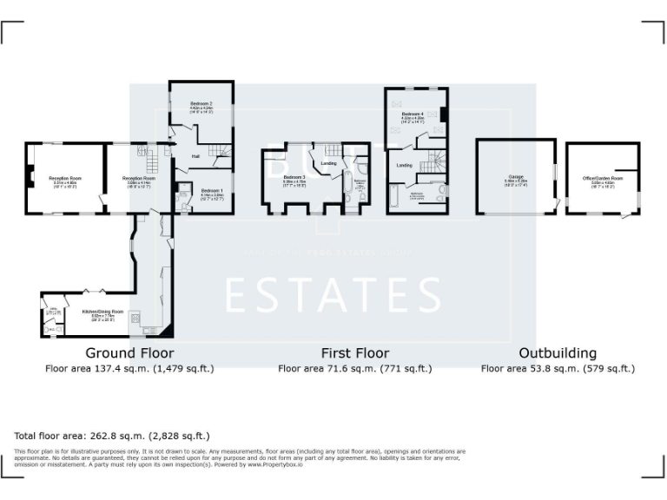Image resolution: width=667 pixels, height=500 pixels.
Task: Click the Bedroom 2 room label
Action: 201,104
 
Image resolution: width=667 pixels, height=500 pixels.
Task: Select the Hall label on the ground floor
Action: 196,156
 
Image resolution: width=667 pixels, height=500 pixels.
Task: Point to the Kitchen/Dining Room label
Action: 102,311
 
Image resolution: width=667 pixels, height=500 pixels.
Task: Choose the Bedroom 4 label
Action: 413,115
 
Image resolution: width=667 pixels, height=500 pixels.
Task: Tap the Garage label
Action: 516,178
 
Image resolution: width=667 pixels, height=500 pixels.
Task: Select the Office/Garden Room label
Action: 603,178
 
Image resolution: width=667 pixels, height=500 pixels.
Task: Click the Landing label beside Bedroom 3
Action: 328,163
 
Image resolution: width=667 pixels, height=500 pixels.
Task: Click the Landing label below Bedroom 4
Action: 404,164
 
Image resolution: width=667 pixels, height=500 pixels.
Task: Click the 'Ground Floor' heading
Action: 129,353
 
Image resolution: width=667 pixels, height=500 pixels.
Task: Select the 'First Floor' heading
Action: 354,353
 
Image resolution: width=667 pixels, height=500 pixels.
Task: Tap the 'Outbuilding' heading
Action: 558,353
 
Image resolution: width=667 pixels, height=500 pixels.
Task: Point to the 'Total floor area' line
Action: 112,436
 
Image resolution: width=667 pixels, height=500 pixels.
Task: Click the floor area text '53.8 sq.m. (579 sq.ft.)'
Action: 558,369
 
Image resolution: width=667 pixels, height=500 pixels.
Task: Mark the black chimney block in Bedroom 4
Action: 443,115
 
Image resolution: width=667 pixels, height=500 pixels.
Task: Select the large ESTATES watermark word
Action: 333,295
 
